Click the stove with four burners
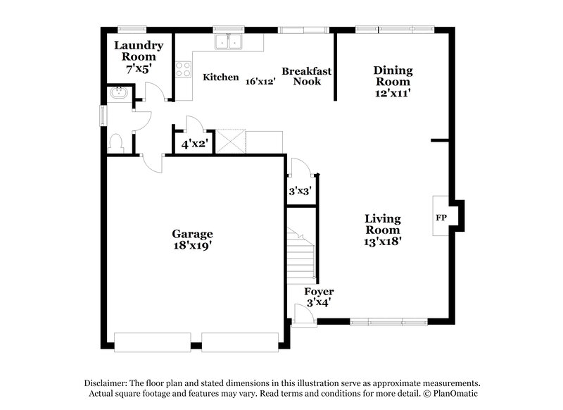(x=184, y=69)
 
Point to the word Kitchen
(x=221, y=77)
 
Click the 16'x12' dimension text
(x=260, y=81)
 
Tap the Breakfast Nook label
(x=306, y=76)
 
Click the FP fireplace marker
(x=441, y=217)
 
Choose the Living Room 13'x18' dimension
(x=382, y=240)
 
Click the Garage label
(x=192, y=234)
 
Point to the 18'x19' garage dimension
(x=192, y=246)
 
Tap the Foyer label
(x=318, y=291)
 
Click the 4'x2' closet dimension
(x=193, y=144)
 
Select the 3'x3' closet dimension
(x=300, y=190)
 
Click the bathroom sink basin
(x=117, y=93)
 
